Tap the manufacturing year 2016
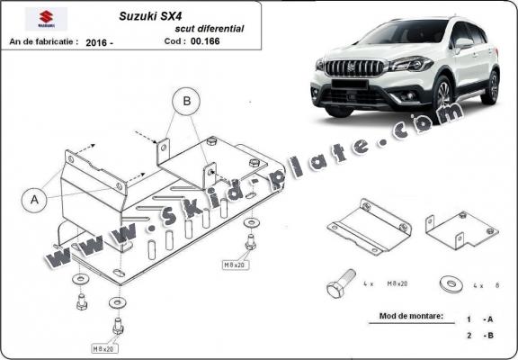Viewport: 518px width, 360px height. tap(99, 41)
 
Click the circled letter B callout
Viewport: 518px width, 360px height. tap(188, 102)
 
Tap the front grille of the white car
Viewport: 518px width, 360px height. tap(346, 69)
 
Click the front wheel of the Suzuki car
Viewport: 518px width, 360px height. tap(442, 95)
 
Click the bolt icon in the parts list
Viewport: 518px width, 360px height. tap(337, 285)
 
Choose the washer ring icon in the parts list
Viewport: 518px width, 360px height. tap(449, 283)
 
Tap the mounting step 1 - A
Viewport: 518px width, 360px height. tap(479, 319)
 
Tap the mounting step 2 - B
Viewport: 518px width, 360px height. tap(479, 335)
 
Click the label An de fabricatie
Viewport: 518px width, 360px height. tap(43, 41)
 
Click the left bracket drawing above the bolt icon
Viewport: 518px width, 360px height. tap(369, 229)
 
